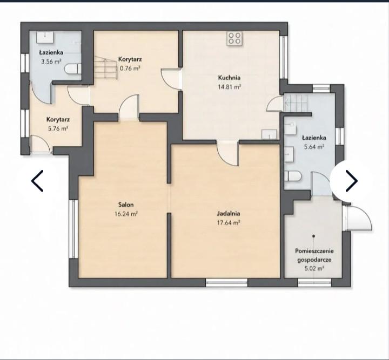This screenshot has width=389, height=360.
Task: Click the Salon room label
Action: (126, 205)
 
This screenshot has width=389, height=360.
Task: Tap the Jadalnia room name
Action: (229, 213)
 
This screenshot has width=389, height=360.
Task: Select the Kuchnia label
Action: (229, 78)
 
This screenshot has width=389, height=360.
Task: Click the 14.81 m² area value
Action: (230, 87)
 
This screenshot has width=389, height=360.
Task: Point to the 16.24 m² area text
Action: (126, 214)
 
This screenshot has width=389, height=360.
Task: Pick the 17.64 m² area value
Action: (229, 222)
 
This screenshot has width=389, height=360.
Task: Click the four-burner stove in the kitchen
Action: (234, 38)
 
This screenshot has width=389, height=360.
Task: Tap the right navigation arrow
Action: (352, 181)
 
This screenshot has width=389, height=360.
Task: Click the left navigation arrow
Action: (37, 181)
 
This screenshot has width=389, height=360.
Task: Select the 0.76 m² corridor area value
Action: (130, 68)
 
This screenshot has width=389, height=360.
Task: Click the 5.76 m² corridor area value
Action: (58, 128)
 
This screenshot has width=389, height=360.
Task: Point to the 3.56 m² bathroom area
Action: (51, 62)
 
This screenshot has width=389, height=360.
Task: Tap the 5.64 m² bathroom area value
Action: (314, 147)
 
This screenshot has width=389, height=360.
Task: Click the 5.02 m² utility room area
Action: (314, 268)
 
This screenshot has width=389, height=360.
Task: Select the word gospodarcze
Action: (314, 260)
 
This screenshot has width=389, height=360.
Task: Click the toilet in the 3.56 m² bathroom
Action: (73, 69)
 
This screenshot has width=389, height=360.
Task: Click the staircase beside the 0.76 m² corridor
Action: (105, 67)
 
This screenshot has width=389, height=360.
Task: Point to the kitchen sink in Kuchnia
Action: (270, 134)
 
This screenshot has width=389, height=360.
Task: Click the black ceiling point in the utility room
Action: (314, 236)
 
